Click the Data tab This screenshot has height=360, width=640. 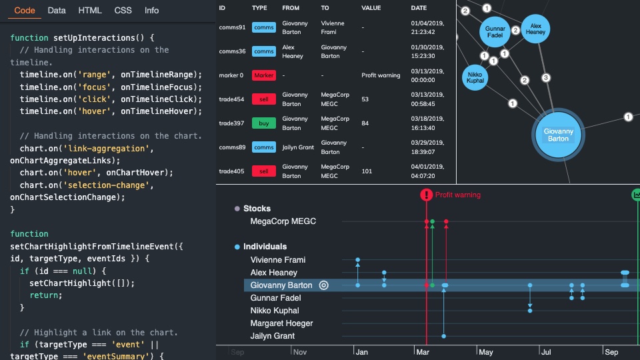click(57, 11)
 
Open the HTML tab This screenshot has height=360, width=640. click(90, 11)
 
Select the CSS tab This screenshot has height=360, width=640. click(123, 11)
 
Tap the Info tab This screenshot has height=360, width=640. click(152, 11)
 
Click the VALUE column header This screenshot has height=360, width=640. click(371, 8)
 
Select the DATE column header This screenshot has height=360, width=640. click(419, 8)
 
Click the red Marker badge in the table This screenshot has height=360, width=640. click(263, 75)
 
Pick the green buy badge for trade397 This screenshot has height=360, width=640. click(263, 123)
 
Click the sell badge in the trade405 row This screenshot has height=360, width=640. click(263, 171)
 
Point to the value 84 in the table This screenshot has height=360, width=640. click(365, 123)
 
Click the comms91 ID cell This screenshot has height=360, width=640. click(232, 27)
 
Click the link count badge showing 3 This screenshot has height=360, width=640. click(546, 78)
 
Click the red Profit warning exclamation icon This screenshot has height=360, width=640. click(426, 195)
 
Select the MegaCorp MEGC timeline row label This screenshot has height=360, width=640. click(283, 221)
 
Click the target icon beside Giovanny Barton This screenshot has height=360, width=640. click(324, 285)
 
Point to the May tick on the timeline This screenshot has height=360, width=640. click(485, 352)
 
